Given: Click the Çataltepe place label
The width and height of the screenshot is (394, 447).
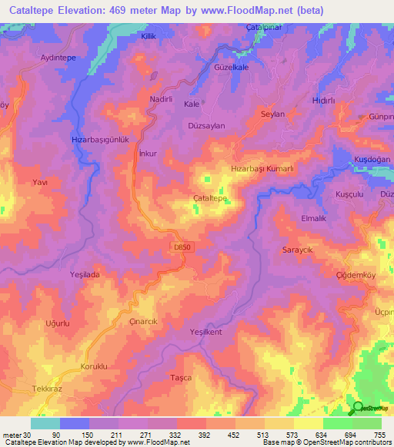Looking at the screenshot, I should tap(209, 198).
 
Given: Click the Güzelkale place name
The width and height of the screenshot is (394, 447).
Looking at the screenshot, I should tap(233, 68).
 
